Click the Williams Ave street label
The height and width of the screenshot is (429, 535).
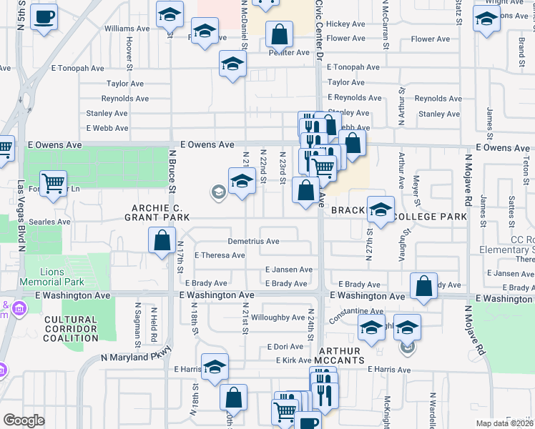(127, 29)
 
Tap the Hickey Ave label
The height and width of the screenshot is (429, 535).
(345, 24)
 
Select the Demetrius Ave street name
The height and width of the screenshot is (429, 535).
(253, 242)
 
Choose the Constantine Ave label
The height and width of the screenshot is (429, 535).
(356, 312)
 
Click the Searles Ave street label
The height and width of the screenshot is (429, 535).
(54, 222)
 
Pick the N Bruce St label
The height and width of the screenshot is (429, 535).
(172, 171)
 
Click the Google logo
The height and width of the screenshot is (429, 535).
(24, 420)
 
